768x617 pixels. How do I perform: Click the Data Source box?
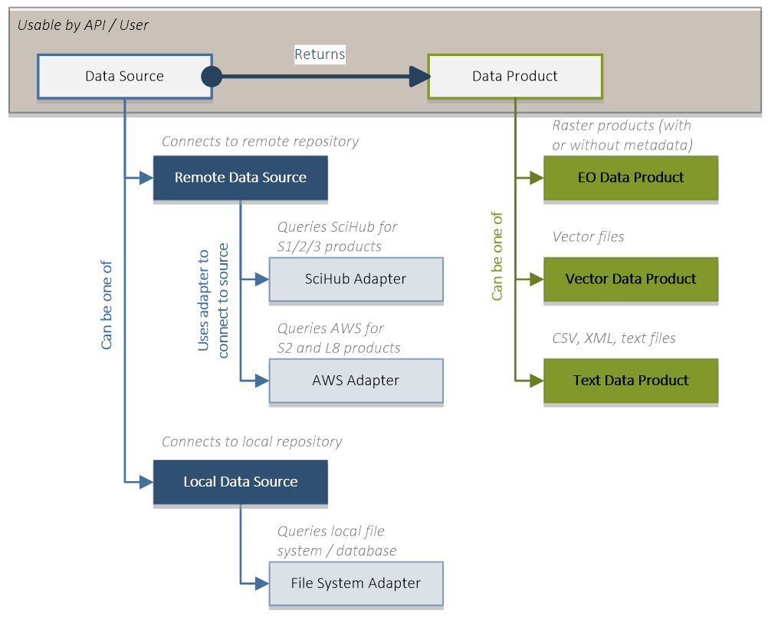point(125,77)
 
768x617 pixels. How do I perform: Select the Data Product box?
point(515,77)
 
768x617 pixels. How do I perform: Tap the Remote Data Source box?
point(241,177)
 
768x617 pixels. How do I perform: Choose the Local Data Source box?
point(241,482)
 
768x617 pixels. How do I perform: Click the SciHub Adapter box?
point(356,279)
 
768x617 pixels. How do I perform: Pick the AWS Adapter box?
point(356,381)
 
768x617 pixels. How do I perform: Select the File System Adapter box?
point(356,583)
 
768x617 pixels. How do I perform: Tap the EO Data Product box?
point(631,177)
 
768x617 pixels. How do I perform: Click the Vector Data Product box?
point(631,279)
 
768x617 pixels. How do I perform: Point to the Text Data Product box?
point(631,381)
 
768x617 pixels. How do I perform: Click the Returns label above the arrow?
point(320,54)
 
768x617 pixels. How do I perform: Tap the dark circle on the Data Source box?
point(212,77)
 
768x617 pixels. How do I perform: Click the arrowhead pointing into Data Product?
point(420,77)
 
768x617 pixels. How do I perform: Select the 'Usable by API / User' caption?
point(83,25)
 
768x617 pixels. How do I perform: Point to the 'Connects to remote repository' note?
point(260,142)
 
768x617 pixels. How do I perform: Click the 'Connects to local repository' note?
point(251,442)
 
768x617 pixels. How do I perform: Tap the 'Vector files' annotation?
point(588,237)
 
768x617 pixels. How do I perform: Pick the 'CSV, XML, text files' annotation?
point(614,338)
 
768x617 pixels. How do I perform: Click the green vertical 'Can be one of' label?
point(497,256)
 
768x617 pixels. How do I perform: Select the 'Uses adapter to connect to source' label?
point(213,301)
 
